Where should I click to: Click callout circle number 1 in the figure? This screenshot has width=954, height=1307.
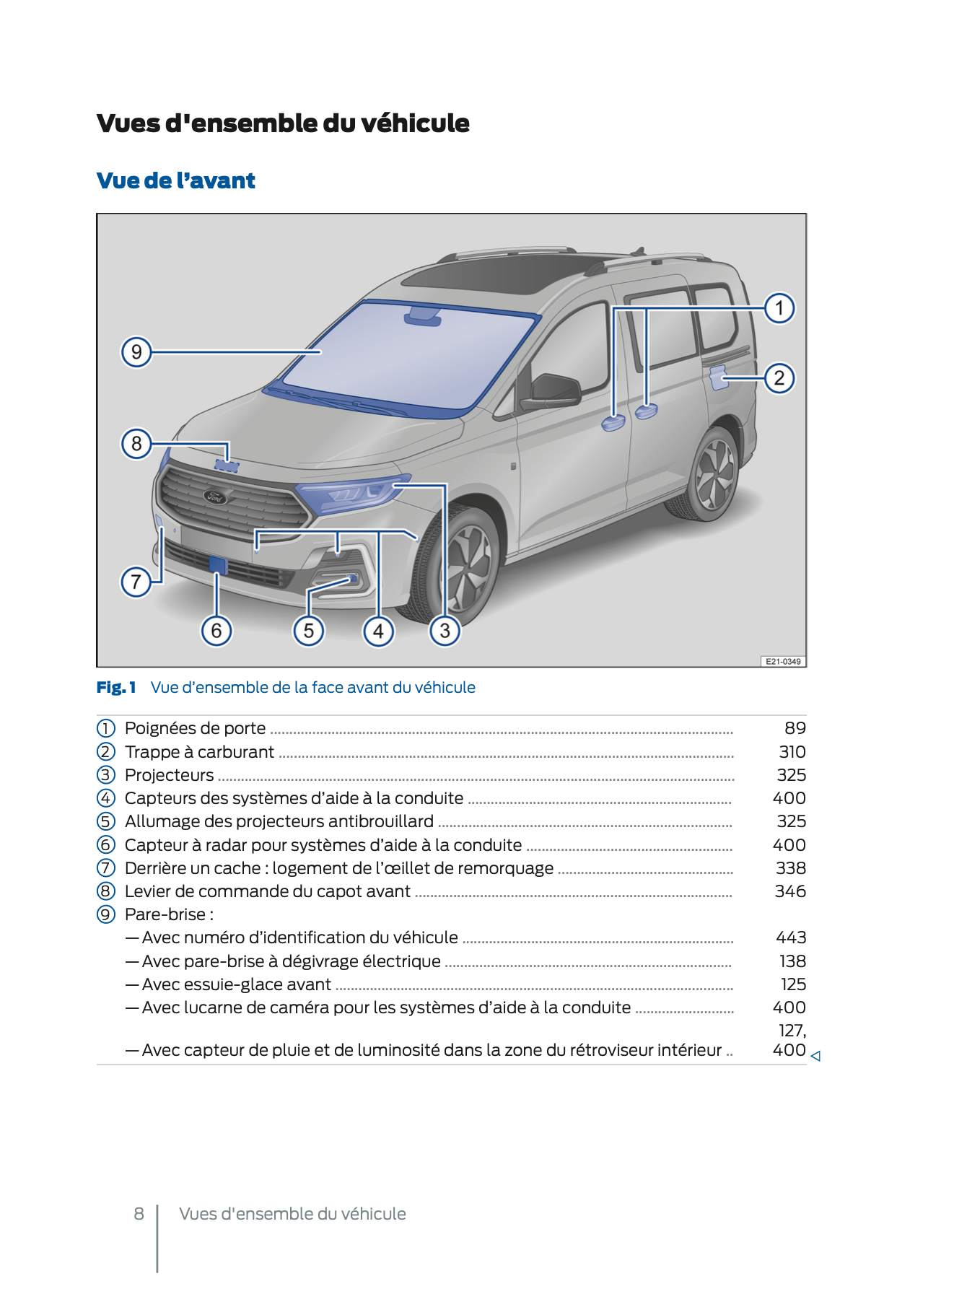779,309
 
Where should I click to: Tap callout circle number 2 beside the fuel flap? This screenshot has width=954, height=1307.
779,378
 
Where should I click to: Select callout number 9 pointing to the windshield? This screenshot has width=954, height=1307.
136,352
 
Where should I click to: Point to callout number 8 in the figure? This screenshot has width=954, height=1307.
136,443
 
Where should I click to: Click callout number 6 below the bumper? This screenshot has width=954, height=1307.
216,631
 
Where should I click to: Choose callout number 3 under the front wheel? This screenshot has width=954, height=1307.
445,631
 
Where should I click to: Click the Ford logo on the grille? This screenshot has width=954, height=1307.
215,497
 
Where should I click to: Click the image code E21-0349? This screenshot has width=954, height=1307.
783,661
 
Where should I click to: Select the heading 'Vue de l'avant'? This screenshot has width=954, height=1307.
176,180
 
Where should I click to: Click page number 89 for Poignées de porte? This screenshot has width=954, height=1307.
795,728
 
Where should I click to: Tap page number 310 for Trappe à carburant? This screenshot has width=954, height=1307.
792,752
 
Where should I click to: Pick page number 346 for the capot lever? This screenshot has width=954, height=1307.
790,891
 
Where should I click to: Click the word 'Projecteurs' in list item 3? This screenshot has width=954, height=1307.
169,775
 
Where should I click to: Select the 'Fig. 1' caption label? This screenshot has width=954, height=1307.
116,688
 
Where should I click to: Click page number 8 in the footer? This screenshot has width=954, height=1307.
139,1214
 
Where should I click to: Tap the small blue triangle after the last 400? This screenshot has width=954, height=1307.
815,1056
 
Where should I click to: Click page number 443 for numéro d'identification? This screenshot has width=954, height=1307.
791,937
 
